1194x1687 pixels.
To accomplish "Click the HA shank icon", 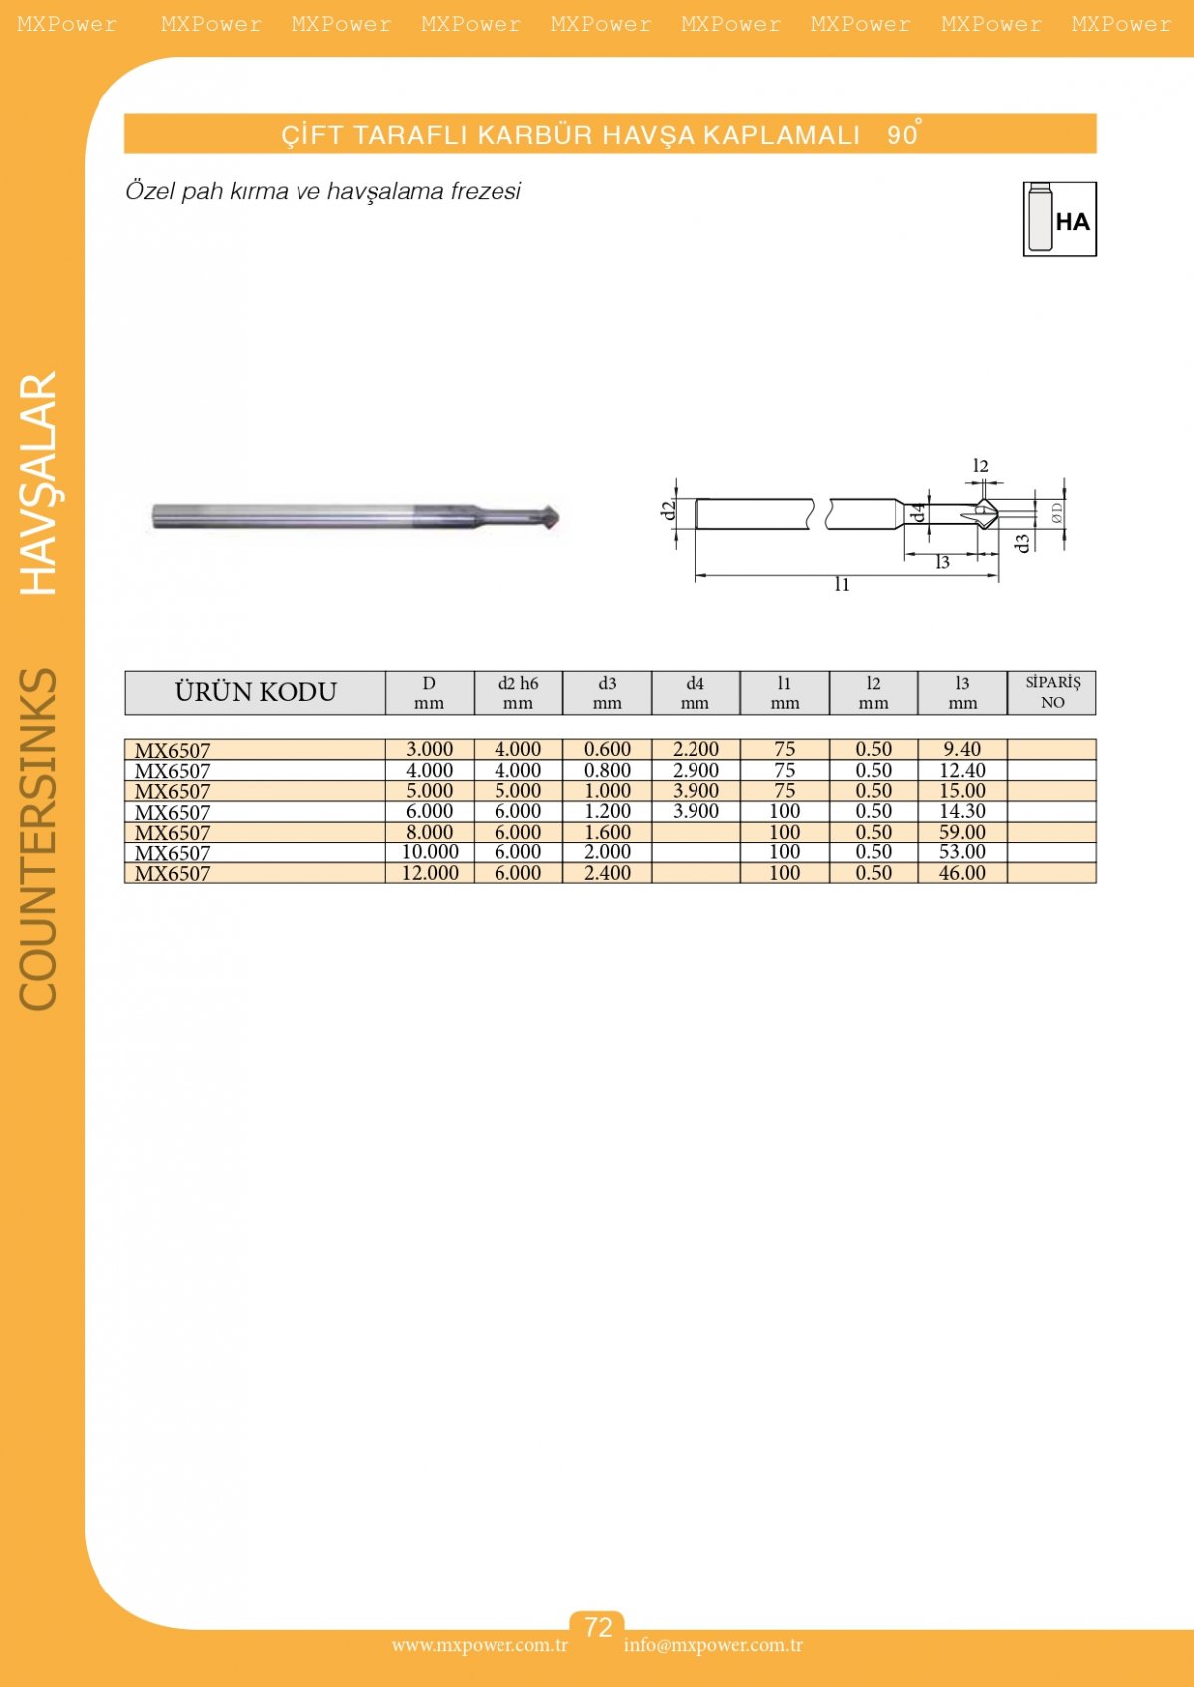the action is [1059, 219].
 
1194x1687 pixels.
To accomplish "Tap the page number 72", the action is [597, 1628].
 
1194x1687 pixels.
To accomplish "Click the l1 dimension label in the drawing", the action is [842, 585].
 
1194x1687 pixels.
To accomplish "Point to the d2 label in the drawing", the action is [667, 511].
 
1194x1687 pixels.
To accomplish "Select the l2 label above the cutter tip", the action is [980, 467].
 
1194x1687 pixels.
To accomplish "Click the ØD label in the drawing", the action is [1056, 513].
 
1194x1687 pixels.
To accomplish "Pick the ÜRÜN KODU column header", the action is [256, 692].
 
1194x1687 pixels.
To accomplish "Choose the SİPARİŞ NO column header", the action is [1053, 693].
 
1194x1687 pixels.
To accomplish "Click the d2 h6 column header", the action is [518, 693].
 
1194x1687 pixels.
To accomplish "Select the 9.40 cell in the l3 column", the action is [962, 749].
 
